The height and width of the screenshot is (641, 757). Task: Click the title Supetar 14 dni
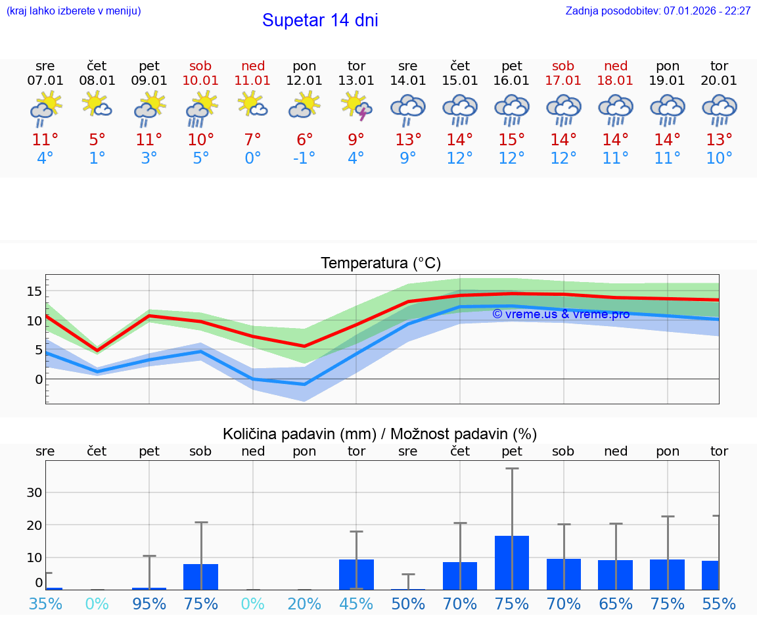pyautogui.click(x=320, y=20)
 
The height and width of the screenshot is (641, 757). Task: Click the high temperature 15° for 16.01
pyautogui.click(x=512, y=140)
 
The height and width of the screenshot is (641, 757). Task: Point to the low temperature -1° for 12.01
pyautogui.click(x=304, y=158)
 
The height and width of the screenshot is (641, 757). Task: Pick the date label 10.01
pyautogui.click(x=200, y=81)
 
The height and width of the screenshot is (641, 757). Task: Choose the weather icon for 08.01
pyautogui.click(x=97, y=106)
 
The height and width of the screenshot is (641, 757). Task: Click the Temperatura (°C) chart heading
pyautogui.click(x=380, y=264)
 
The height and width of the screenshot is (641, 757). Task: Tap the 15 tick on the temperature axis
pyautogui.click(x=34, y=291)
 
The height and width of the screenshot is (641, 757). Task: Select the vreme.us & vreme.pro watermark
pyautogui.click(x=561, y=314)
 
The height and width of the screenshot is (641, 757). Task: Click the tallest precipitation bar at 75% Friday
pyautogui.click(x=512, y=562)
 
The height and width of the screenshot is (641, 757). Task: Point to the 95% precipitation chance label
pyautogui.click(x=149, y=604)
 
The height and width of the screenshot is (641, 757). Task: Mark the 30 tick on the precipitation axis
pyautogui.click(x=34, y=492)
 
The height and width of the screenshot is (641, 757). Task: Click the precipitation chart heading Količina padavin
pyautogui.click(x=380, y=434)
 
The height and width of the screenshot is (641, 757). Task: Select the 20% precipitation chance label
pyautogui.click(x=304, y=604)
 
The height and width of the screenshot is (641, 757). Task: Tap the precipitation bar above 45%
pyautogui.click(x=356, y=574)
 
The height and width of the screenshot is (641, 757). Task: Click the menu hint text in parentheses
pyautogui.click(x=74, y=11)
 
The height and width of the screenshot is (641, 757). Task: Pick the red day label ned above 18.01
pyautogui.click(x=616, y=66)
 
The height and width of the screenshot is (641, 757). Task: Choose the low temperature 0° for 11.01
pyautogui.click(x=252, y=158)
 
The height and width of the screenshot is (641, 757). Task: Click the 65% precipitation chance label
pyautogui.click(x=616, y=604)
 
